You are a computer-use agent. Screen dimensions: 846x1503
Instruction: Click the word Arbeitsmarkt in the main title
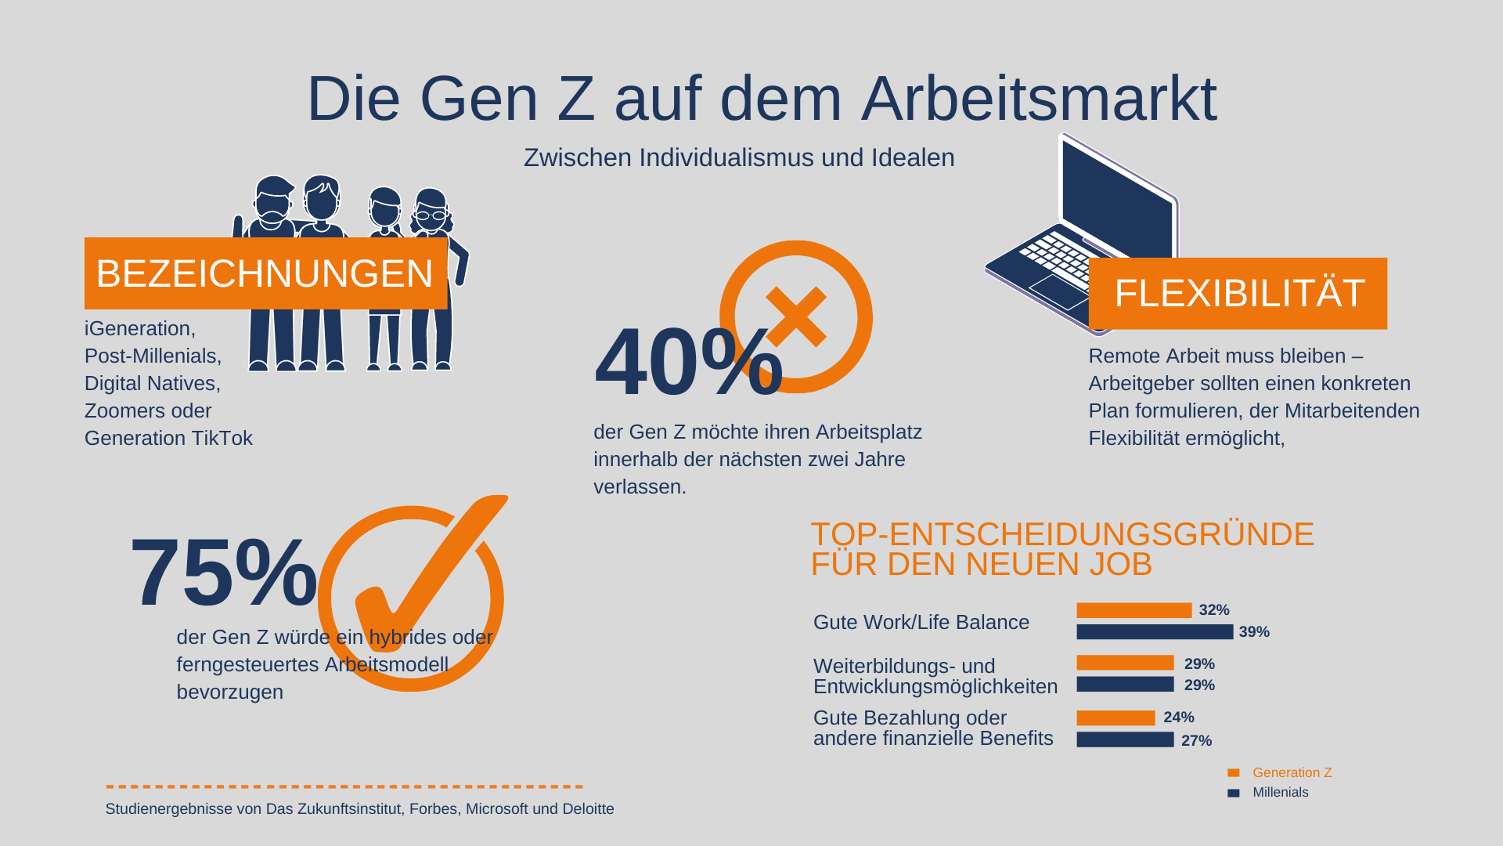pos(1039,99)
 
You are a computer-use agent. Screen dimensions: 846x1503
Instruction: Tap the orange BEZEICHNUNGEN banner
pos(265,273)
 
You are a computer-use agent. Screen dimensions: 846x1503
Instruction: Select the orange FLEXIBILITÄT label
pos(1238,294)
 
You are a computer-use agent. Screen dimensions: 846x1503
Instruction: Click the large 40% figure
pos(687,362)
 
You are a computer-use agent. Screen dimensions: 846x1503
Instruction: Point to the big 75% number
pos(223,572)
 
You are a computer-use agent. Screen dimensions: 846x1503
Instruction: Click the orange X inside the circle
pos(796,316)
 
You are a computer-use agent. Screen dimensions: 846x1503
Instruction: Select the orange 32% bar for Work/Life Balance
pos(1134,610)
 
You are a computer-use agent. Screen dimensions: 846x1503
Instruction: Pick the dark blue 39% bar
pos(1154,632)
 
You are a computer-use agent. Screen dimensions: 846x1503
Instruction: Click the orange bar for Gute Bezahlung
pos(1116,718)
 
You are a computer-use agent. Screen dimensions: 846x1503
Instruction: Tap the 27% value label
pos(1196,740)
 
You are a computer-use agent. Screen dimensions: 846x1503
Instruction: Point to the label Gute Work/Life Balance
pos(921,622)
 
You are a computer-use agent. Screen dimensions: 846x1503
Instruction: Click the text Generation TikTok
pos(168,438)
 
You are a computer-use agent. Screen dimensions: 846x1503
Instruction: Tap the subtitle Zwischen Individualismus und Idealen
pos(739,157)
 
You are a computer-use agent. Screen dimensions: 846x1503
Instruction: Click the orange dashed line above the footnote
pos(344,786)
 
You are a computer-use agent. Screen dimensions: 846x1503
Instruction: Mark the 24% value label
pos(1178,718)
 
